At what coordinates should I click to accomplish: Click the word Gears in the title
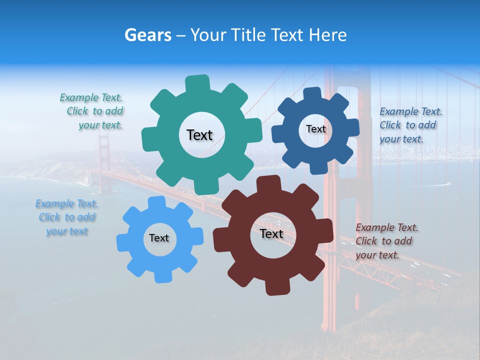pyautogui.click(x=147, y=35)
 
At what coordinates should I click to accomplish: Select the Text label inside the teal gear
pyautogui.click(x=199, y=135)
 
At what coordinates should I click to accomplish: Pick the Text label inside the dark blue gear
pyautogui.click(x=315, y=129)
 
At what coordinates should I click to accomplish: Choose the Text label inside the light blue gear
pyautogui.click(x=159, y=238)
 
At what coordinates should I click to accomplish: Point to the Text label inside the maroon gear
pyautogui.click(x=271, y=233)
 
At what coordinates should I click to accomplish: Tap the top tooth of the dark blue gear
pyautogui.click(x=312, y=94)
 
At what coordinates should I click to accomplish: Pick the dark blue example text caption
pyautogui.click(x=410, y=125)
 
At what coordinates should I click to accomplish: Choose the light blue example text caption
pyautogui.click(x=66, y=217)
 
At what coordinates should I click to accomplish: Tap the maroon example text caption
pyautogui.click(x=386, y=241)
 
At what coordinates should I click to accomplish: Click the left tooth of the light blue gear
pyautogui.click(x=123, y=241)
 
